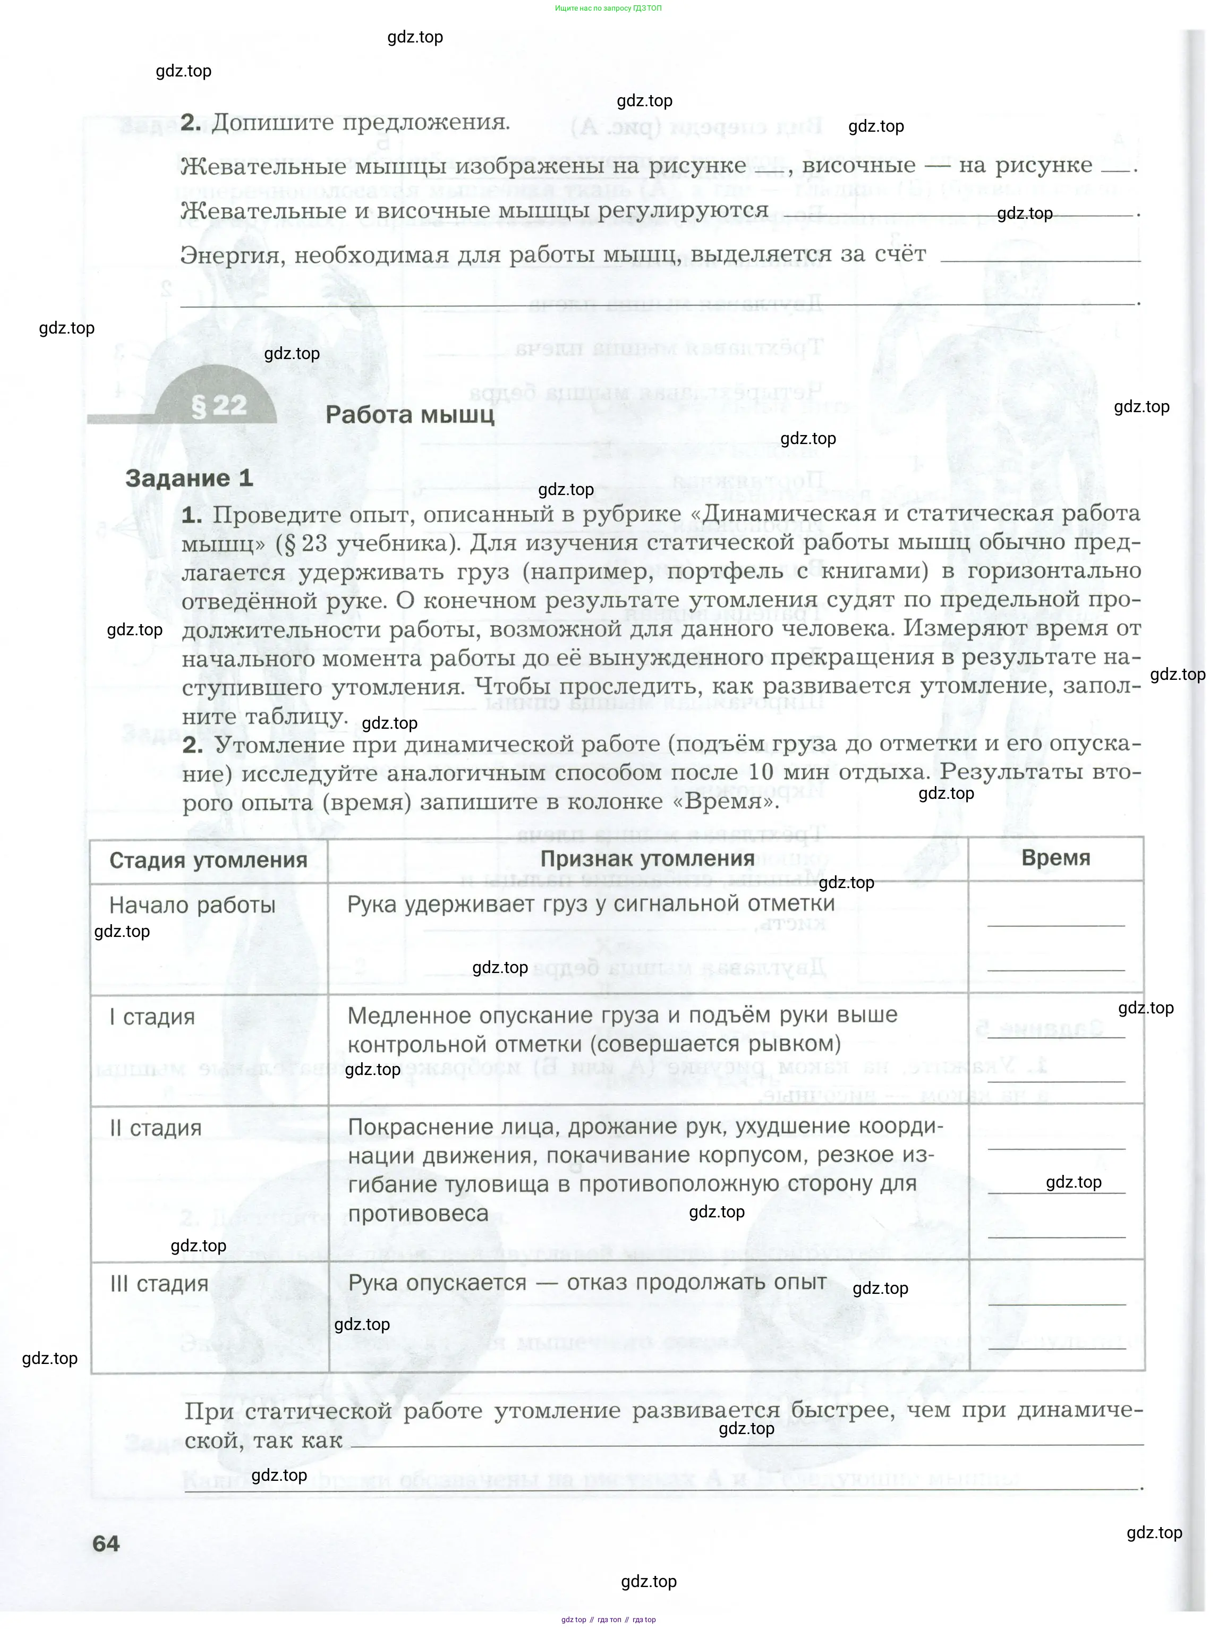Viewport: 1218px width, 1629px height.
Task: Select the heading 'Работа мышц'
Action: point(410,415)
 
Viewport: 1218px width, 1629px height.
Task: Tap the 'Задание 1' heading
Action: point(189,478)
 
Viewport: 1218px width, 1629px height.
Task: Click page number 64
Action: point(106,1543)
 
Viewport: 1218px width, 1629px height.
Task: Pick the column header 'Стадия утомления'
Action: point(208,860)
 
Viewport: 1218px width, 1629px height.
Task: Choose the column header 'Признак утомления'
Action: point(648,859)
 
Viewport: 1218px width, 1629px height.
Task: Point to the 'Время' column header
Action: point(1055,858)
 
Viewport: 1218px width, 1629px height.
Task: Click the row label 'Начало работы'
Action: point(192,905)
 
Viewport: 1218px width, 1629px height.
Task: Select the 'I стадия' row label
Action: point(152,1017)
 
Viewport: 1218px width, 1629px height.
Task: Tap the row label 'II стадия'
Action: point(156,1128)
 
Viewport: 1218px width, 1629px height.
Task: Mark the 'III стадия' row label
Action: point(159,1284)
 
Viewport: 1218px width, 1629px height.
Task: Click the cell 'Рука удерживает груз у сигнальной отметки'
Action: point(591,903)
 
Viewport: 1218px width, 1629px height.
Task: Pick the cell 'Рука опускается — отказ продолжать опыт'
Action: point(587,1282)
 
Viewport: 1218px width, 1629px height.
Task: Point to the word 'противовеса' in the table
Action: point(418,1214)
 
